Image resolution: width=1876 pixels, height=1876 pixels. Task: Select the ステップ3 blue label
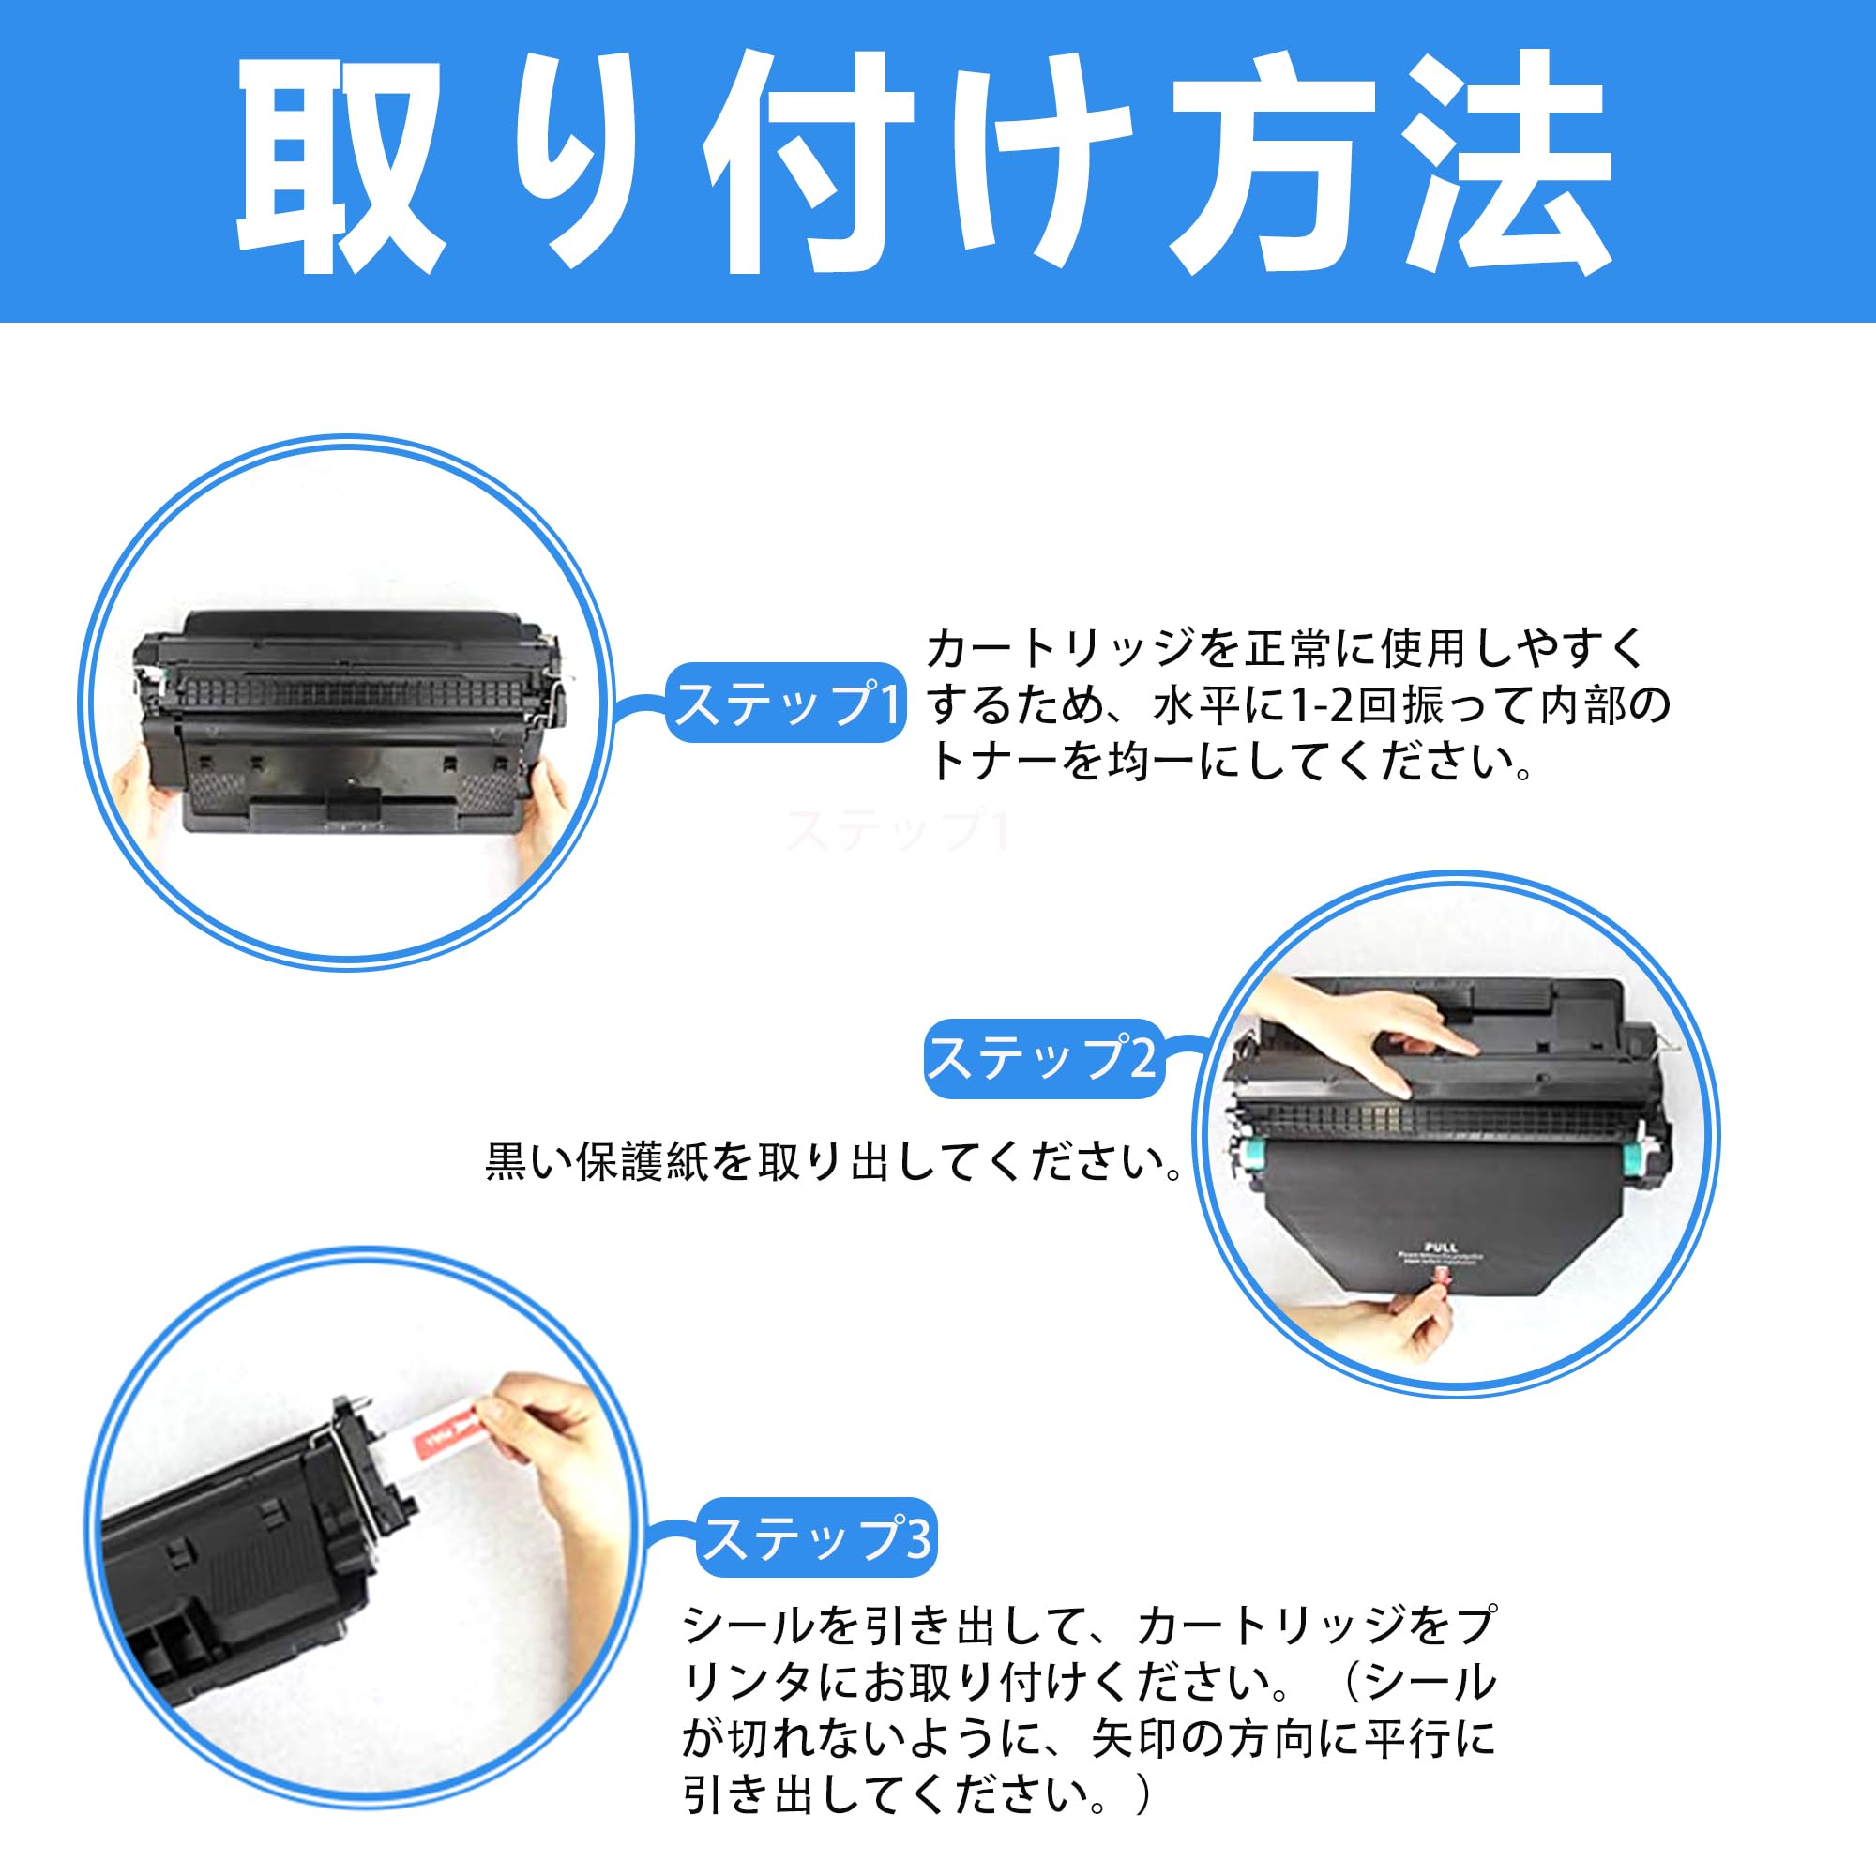coord(817,1538)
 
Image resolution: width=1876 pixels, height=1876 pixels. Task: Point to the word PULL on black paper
coord(1440,1246)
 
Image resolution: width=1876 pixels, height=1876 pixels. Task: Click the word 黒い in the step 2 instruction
coord(529,1162)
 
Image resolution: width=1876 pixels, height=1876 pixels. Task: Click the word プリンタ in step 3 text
coord(748,1683)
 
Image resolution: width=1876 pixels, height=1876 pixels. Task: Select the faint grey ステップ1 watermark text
coord(899,831)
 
